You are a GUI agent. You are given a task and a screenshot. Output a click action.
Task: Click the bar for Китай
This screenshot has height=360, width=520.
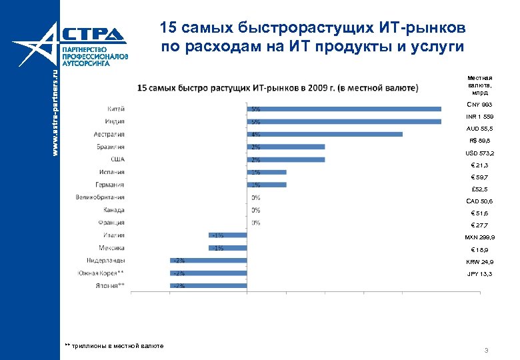pos(343,109)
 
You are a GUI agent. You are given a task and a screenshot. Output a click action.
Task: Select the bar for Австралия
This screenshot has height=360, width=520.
pos(324,134)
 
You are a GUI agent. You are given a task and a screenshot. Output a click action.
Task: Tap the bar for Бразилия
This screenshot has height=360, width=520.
pos(285,147)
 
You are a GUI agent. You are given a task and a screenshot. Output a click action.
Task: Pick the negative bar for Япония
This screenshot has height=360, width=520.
pos(208,285)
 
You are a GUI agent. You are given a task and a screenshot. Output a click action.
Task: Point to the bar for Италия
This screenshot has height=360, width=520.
pos(227,235)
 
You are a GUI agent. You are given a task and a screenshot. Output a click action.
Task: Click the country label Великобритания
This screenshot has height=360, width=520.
pos(100,197)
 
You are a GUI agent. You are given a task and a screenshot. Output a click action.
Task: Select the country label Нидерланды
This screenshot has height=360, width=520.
pos(106,260)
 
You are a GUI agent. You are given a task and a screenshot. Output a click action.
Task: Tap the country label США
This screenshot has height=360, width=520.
pos(117,159)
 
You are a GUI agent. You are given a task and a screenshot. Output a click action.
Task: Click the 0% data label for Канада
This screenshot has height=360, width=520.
pos(255,210)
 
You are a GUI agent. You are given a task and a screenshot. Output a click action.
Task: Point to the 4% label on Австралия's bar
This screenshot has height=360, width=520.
pos(255,134)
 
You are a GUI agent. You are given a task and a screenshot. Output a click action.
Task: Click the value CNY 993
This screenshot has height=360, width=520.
pos(479,105)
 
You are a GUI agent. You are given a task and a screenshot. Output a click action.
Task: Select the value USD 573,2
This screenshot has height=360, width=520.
pos(479,153)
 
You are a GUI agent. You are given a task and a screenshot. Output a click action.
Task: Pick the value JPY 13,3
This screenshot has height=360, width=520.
pos(479,274)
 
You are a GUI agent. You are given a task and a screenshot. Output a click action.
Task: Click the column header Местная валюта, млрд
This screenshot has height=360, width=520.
pos(479,85)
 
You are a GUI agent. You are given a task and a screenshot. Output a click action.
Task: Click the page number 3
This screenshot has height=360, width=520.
pos(487,350)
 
